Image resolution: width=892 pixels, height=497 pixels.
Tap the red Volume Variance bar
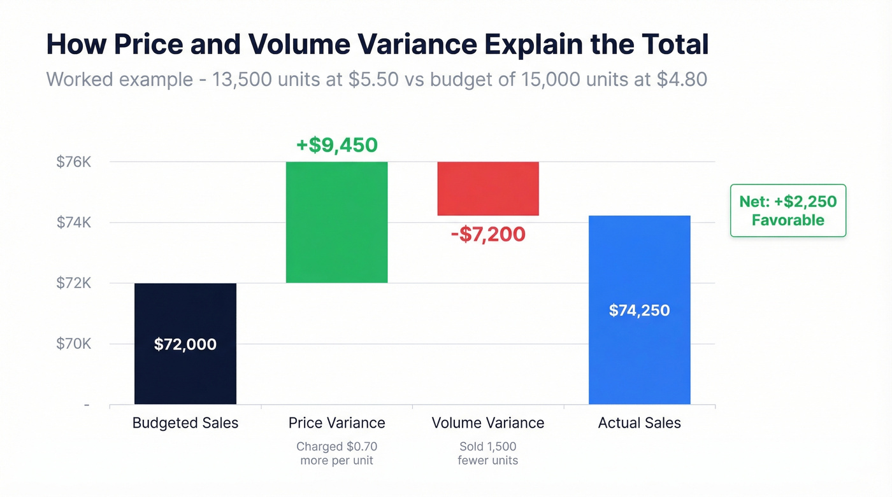point(487,188)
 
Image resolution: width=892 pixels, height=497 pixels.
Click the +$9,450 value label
point(336,145)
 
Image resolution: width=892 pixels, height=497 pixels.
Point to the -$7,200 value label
point(487,234)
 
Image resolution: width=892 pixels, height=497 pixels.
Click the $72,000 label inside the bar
point(185,344)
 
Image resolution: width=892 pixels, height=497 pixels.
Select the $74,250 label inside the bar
point(639,311)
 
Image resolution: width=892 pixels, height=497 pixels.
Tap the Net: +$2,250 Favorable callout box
point(788,211)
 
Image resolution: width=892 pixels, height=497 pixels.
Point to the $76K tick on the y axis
point(74,162)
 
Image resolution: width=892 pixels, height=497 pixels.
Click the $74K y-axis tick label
point(74,222)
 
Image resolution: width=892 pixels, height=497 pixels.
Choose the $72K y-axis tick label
point(74,283)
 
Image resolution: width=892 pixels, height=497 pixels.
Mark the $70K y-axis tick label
point(74,344)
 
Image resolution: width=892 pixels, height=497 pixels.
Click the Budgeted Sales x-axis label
point(185,423)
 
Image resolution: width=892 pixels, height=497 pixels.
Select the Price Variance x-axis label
point(336,423)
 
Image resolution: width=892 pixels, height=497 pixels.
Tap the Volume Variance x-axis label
point(487,423)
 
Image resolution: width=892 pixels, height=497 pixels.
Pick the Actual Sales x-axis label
point(639,423)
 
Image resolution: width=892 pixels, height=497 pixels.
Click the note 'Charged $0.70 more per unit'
point(336,453)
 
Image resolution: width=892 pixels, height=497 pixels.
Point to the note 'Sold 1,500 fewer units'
point(487,453)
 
